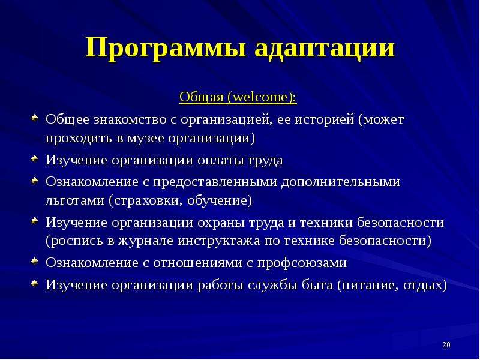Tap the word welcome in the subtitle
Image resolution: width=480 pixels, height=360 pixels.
(x=260, y=97)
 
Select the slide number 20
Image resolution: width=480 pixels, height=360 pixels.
(x=446, y=344)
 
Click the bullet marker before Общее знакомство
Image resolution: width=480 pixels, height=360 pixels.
(x=35, y=118)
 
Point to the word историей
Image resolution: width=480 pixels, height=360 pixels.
(x=324, y=119)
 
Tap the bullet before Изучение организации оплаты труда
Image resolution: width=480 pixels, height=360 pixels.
(x=35, y=158)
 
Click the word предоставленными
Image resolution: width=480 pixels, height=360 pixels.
(x=215, y=182)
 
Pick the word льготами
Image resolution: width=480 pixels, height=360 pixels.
(x=74, y=200)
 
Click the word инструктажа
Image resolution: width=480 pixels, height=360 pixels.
(x=219, y=241)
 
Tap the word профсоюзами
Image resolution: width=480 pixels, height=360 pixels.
(x=302, y=263)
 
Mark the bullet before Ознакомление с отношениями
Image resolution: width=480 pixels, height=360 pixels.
(x=35, y=261)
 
